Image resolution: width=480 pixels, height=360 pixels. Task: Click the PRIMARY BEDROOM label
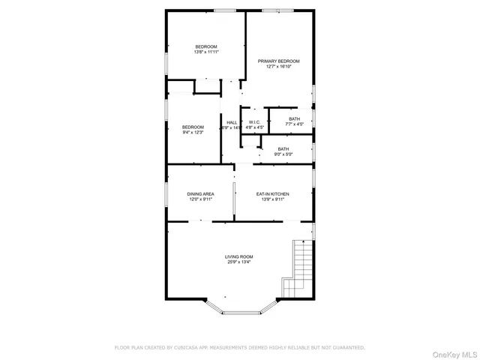pos(279,61)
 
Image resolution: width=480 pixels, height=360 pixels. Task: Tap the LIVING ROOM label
pos(239,256)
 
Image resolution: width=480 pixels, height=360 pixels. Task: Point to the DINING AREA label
pos(200,193)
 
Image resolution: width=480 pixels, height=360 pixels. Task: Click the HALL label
pos(232,122)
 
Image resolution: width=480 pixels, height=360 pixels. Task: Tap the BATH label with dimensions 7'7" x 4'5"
pos(294,118)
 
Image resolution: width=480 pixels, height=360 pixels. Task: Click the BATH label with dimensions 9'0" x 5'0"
pos(283,148)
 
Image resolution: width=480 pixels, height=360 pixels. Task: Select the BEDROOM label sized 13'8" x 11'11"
pos(206,46)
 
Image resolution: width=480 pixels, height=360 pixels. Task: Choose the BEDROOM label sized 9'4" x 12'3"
pos(193,127)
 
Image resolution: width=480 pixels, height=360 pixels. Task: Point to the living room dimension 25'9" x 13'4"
pos(239,262)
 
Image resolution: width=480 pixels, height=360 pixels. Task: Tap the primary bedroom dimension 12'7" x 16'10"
pos(279,67)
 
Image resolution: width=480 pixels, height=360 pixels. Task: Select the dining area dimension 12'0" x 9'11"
pos(200,199)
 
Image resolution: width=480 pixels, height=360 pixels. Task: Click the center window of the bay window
pos(239,311)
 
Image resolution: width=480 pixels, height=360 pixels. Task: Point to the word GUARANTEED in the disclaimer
pos(347,347)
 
